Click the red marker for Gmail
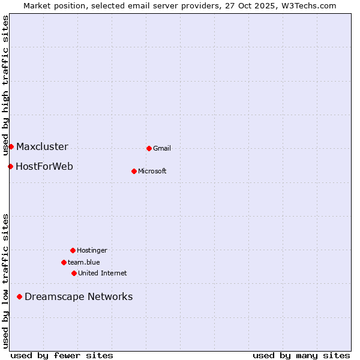tap(149, 148)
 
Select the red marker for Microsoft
tap(134, 171)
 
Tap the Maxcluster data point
tap(11, 146)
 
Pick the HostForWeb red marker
tap(10, 166)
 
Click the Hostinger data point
tap(73, 250)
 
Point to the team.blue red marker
tap(64, 262)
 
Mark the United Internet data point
tap(74, 273)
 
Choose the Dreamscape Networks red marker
tap(19, 296)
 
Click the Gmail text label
tap(162, 149)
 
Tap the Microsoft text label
tap(152, 172)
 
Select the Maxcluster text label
tap(42, 147)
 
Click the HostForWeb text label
tap(44, 167)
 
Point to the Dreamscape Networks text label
tap(79, 297)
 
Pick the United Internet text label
tap(103, 274)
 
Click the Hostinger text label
tap(92, 251)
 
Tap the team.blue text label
tap(84, 263)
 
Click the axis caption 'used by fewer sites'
tap(62, 356)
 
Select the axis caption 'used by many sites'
tap(301, 356)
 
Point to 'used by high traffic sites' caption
tap(5, 84)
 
